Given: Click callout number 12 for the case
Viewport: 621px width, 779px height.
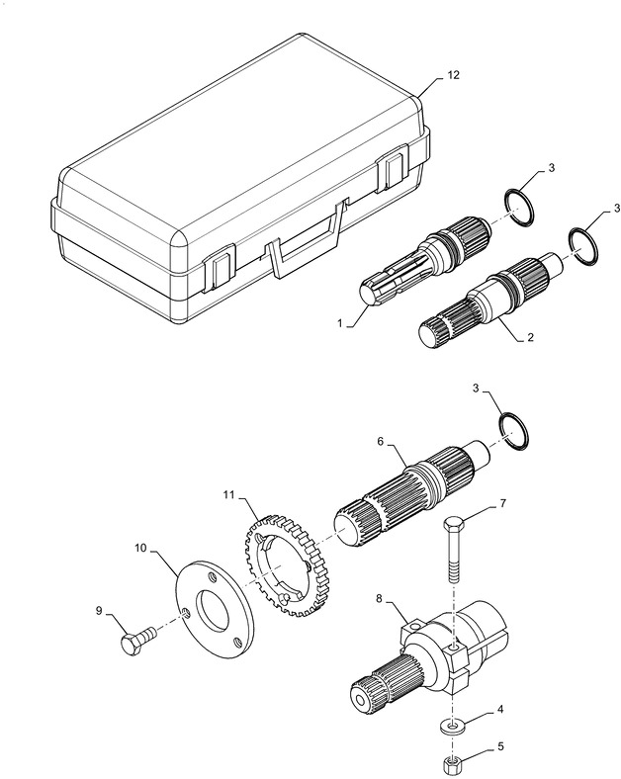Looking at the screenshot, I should tap(453, 74).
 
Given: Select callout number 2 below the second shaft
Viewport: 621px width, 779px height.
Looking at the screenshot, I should tap(530, 337).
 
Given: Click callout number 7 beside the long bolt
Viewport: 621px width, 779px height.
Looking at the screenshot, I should tap(502, 504).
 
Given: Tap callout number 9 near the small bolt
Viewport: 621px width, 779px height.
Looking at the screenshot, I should tap(99, 611).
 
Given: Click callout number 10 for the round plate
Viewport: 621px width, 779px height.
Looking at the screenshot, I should tap(139, 545).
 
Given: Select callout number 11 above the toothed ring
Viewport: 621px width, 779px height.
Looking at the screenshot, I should tap(228, 493).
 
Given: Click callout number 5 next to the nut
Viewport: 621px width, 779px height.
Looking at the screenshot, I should tap(501, 747).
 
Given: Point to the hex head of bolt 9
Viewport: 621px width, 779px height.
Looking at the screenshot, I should tap(129, 645).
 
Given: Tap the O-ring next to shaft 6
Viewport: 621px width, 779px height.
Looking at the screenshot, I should tap(514, 430).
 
